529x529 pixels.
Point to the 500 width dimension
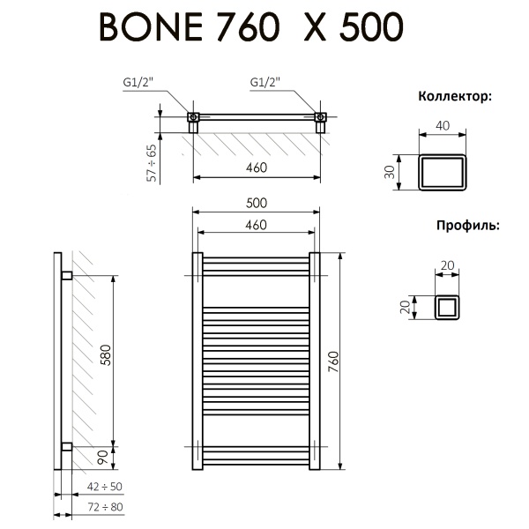(x=256, y=202)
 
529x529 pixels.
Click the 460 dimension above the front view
(x=256, y=225)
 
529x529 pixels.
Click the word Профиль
(x=466, y=225)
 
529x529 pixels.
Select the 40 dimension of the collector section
(x=443, y=125)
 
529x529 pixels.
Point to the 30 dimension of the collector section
(x=389, y=171)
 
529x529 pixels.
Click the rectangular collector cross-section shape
(x=443, y=171)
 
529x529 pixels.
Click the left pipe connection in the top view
(x=193, y=117)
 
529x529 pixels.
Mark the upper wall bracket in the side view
(x=66, y=276)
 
